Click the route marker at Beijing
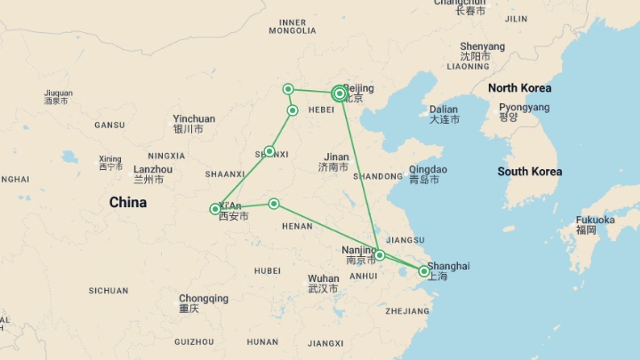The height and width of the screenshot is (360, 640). coord(339,94)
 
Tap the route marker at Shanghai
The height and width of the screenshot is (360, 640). coord(424,271)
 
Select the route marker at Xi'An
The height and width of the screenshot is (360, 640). coord(215,209)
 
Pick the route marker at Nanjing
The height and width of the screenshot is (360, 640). coord(379,256)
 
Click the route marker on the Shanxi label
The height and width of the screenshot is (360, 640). coord(269,151)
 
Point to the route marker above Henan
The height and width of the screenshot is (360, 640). coord(274,204)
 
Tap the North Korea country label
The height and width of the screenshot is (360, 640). coord(519,88)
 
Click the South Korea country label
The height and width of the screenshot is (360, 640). coord(529,172)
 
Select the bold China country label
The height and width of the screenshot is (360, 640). coord(128,202)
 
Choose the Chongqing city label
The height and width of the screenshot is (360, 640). coord(203,299)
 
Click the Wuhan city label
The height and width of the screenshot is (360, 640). coord(323,279)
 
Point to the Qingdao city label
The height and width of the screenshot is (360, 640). coord(428,169)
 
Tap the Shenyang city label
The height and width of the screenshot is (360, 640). coord(482,47)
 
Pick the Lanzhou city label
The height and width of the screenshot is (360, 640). coord(153,169)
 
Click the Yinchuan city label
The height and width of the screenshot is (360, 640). coord(194,119)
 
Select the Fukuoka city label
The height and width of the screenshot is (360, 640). coord(595,220)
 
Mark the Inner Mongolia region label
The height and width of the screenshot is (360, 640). coord(292,27)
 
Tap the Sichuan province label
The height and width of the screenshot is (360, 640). coord(108,291)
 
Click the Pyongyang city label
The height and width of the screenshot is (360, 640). coord(524,108)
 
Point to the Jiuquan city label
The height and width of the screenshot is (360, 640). coord(58,93)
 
